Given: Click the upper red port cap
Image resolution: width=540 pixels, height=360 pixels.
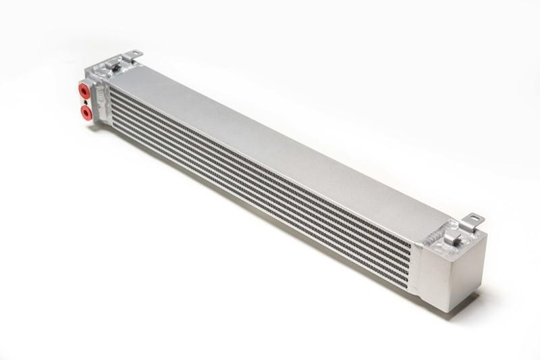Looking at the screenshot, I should [x=84, y=90].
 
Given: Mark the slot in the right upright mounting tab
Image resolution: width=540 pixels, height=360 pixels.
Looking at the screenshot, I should [x=475, y=218].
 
